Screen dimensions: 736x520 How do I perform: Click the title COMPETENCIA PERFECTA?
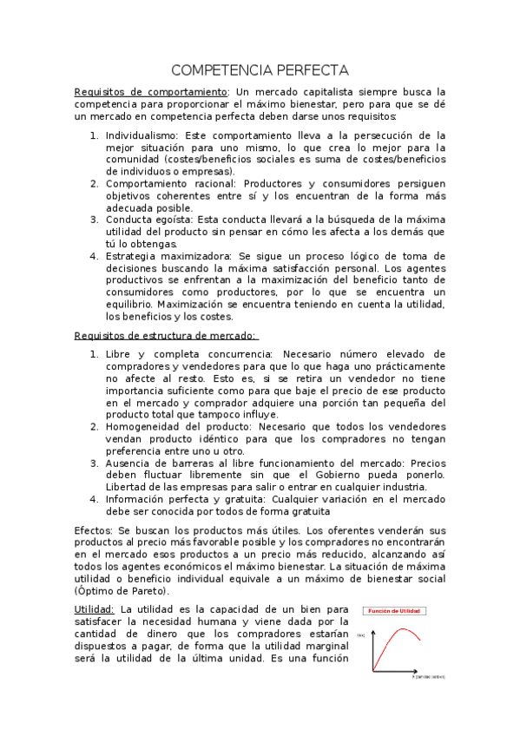(x=260, y=69)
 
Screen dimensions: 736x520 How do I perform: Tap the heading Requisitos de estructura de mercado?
(x=165, y=335)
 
